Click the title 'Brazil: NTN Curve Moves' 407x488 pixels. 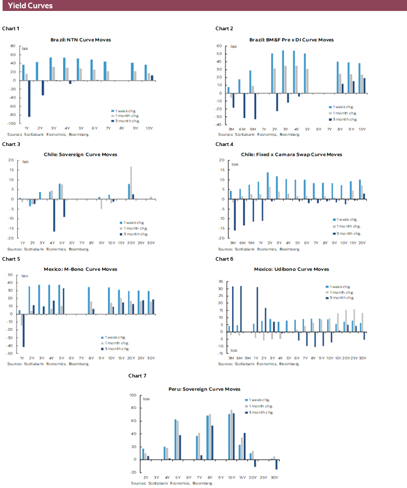[80, 40]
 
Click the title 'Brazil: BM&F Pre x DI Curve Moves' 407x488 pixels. [291, 40]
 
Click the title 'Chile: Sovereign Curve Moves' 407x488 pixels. [80, 154]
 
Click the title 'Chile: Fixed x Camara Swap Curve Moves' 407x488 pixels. [291, 154]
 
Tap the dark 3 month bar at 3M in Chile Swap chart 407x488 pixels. [234, 214]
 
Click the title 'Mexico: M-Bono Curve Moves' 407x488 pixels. [80, 269]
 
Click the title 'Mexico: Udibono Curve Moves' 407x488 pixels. [291, 269]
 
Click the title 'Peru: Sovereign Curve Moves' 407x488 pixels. [204, 389]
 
